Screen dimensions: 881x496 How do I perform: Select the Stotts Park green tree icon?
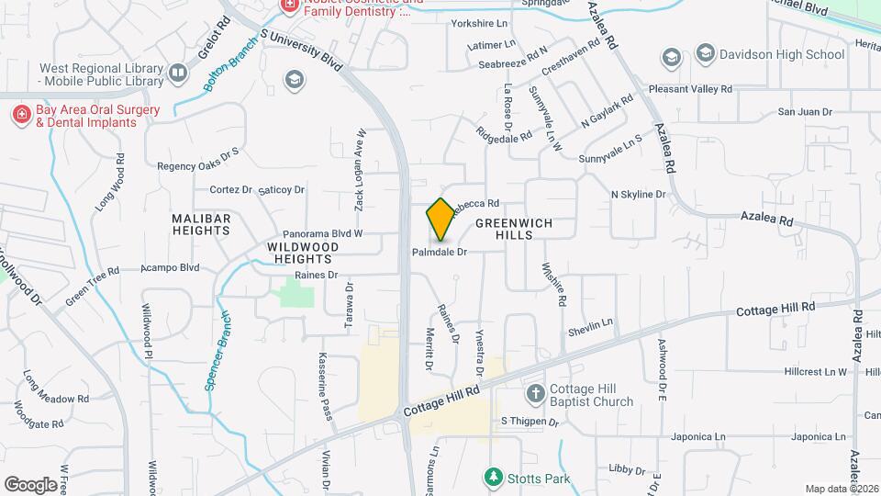tap(494, 478)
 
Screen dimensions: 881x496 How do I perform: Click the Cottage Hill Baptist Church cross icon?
tap(536, 394)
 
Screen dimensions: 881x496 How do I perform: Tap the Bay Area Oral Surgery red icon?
tap(20, 114)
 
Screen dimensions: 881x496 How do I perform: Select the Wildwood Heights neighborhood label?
tap(304, 253)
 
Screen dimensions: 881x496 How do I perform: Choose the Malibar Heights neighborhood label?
tap(201, 224)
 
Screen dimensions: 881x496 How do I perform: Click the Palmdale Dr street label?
tap(440, 252)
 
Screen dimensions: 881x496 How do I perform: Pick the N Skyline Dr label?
tap(638, 195)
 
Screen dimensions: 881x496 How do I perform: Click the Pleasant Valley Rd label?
tap(690, 90)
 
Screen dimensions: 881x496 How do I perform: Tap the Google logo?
tap(30, 484)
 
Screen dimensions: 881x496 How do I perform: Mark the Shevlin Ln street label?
tap(589, 326)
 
